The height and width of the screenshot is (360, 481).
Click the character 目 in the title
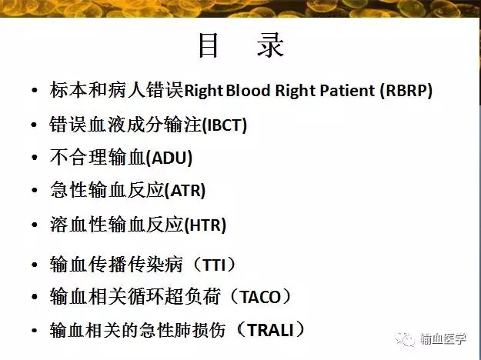pos(209,45)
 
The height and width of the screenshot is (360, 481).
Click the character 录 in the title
pos(270,45)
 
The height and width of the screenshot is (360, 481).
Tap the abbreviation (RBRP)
pos(406,91)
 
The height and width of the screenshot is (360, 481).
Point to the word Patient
pos(347,90)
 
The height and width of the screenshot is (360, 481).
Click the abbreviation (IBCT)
pos(225,125)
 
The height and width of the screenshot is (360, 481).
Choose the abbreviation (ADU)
pos(169,158)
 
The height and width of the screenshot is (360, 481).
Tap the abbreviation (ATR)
pos(185,191)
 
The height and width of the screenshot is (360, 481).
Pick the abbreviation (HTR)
pos(205,225)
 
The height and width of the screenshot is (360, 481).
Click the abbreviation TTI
pos(215,265)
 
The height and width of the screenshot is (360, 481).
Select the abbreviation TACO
pos(261,297)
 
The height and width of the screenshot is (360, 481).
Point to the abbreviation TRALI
pos(271,330)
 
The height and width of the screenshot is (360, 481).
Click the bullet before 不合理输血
pos(35,158)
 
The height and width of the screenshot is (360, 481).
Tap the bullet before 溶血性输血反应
pos(35,225)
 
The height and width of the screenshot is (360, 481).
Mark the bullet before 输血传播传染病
pos(35,265)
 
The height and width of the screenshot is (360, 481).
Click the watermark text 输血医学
pos(443,338)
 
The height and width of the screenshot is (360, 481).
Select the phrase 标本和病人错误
pos(116,90)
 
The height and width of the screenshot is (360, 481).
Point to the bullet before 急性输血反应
pos(35,190)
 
